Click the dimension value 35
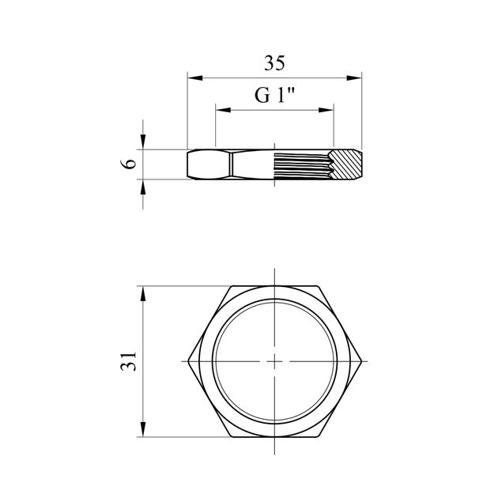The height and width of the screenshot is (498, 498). coord(274,63)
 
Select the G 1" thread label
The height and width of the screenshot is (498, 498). coord(274,95)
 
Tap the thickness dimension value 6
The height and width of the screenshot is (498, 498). coord(129,164)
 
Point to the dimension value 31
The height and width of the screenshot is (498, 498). coord(129,361)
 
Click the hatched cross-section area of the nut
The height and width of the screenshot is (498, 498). coord(347,164)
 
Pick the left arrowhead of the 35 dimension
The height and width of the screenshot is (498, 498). coord(195,77)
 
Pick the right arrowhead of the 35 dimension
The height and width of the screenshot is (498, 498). coord(354,77)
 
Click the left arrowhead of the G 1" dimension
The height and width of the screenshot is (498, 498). coord(223,110)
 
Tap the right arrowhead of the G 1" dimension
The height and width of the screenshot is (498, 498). coord(326,110)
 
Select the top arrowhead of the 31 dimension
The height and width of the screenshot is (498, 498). coord(143,294)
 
